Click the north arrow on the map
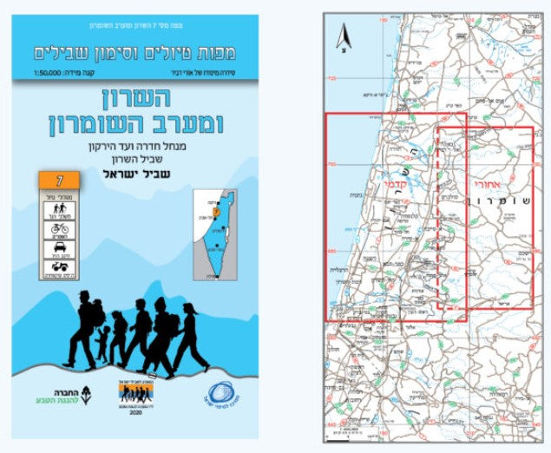coord(344,38)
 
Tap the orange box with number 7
coord(59,181)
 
